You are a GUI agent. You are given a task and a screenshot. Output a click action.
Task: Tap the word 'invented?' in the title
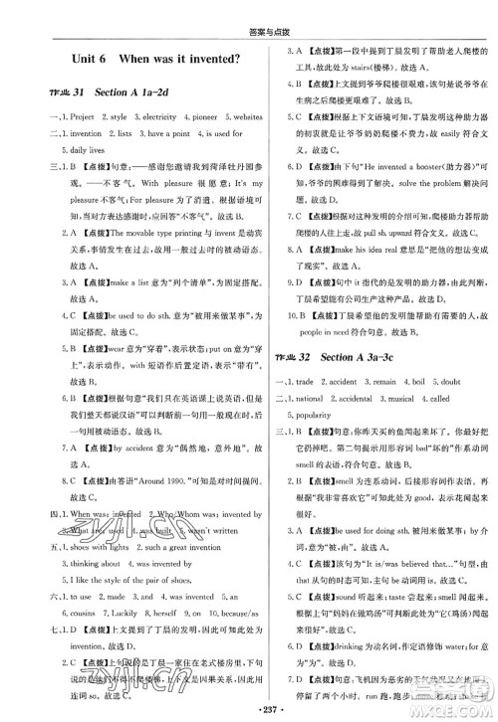coord(206,62)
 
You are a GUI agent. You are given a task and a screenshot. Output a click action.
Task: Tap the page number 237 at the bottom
coord(249,712)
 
